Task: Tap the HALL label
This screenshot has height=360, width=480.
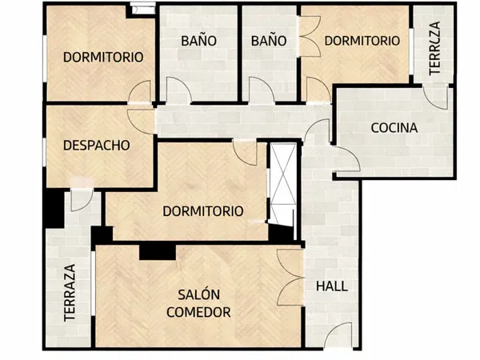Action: point(332,286)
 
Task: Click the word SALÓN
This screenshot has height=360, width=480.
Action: point(199,294)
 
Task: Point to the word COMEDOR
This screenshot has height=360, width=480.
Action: point(199,311)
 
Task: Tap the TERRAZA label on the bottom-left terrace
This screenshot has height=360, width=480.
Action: point(70,293)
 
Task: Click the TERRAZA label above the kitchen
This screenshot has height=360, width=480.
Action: point(434,49)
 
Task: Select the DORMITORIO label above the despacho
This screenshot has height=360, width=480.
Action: point(103,57)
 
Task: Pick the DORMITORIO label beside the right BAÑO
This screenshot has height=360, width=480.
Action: point(362,40)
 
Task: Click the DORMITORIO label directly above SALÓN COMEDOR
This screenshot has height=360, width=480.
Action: point(202,211)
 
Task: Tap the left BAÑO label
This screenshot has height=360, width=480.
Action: point(199,40)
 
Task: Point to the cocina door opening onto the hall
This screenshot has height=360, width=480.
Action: point(342,158)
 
